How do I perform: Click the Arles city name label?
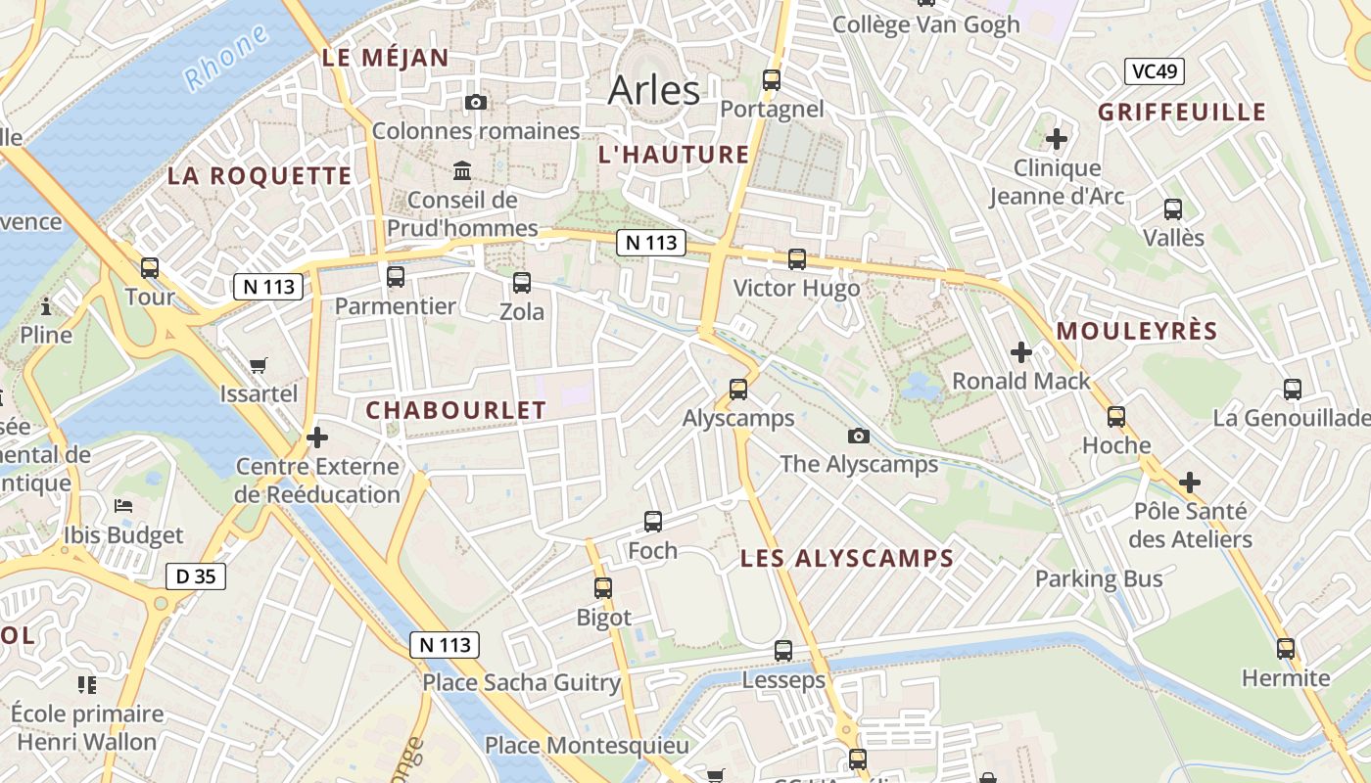tap(654, 90)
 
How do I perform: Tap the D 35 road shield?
tap(195, 576)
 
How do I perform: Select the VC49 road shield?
tap(1155, 71)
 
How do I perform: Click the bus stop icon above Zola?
tap(522, 283)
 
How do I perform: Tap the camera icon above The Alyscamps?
tap(859, 436)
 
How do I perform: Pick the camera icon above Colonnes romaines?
tap(476, 102)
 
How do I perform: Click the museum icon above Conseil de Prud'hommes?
tap(462, 172)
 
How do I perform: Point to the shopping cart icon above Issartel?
tap(259, 365)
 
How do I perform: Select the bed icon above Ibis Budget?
tap(123, 506)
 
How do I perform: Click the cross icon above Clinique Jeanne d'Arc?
tap(1057, 138)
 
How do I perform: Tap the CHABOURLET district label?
tap(455, 411)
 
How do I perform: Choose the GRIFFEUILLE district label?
tap(1182, 112)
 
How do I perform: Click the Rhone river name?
tap(226, 59)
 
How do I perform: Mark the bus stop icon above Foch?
tap(653, 522)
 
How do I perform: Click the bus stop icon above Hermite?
tap(1286, 648)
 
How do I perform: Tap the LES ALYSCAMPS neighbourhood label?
tap(846, 559)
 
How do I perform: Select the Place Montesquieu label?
tap(588, 746)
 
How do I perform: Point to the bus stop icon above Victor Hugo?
tap(797, 259)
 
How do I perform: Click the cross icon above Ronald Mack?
tap(1021, 351)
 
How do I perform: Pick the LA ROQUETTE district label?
tap(259, 176)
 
